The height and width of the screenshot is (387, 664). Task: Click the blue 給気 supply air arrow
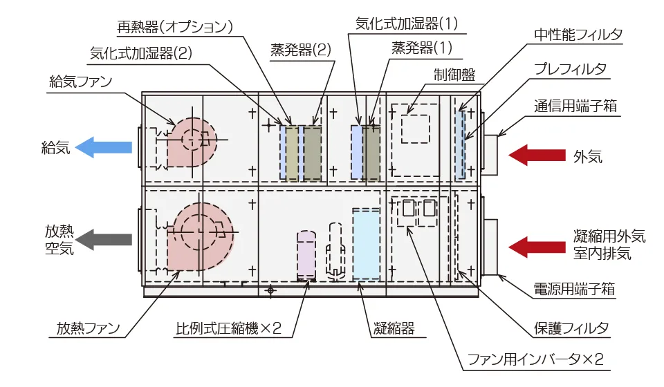coord(104,147)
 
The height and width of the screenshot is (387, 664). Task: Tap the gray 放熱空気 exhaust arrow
coord(104,239)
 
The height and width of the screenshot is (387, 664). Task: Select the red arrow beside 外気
coord(537,155)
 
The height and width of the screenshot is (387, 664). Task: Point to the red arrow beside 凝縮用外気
coord(537,247)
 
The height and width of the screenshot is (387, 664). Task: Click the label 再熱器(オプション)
coord(175,27)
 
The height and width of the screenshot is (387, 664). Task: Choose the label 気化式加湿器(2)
coord(141,53)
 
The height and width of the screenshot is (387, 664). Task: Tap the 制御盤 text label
coord(454,75)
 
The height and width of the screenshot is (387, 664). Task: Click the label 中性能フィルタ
coord(578,35)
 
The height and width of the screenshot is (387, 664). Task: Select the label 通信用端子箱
coord(575,106)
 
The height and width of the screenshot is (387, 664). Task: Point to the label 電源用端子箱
coord(574,290)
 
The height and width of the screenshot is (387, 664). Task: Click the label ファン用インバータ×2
coord(535,359)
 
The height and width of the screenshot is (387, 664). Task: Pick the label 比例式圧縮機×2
coord(229,328)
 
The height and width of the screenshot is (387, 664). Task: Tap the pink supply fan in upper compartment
coord(191,142)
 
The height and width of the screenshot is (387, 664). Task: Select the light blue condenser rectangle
coord(367,244)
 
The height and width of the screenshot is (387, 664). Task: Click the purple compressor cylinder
coord(306,255)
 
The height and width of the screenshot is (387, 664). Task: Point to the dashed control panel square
coord(416,129)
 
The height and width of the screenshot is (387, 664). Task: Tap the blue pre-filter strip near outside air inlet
coord(461,145)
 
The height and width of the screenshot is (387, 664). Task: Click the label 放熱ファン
coord(88,328)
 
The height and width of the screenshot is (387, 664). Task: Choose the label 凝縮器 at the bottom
coord(394,328)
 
